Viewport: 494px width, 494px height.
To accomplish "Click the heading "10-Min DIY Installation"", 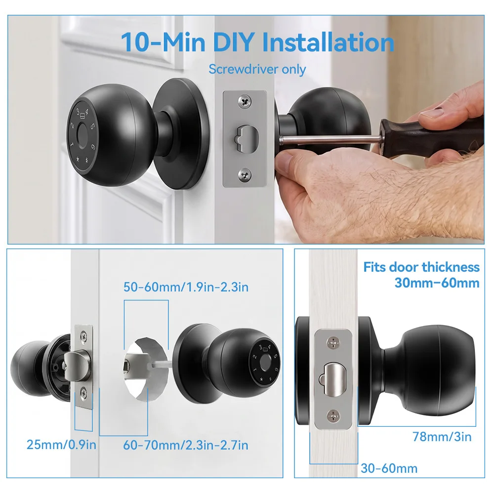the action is coord(257,42).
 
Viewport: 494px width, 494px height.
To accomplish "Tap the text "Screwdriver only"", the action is coord(257,69).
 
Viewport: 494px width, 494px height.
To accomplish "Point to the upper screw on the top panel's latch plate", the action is coord(245,101).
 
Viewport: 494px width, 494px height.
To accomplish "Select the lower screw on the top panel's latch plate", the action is coord(245,175).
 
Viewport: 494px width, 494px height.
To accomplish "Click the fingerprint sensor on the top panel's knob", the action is coord(82,136).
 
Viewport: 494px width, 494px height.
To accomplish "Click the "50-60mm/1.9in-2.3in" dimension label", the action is coord(186,287).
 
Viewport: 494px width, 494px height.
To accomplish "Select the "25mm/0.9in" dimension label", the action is coord(61,445).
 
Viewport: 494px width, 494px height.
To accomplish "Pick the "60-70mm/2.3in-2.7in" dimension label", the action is coord(186,445).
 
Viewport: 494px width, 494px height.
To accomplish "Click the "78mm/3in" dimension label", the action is coord(442,437).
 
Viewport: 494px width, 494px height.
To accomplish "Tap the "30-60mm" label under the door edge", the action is coord(389,468).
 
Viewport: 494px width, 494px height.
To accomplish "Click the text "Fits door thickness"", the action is coord(421,267).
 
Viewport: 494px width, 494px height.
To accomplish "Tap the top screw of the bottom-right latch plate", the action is coord(333,342).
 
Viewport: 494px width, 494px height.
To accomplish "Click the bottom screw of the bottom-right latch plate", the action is coord(333,416).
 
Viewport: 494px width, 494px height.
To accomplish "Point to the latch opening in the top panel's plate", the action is coord(247,139).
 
